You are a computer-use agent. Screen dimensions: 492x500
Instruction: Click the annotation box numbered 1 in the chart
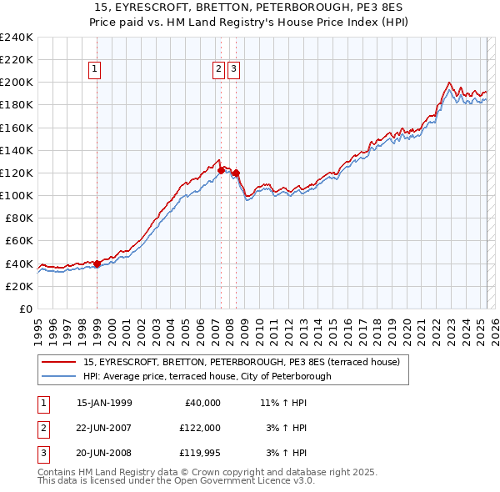(x=95, y=70)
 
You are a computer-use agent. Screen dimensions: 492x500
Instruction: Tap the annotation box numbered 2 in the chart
(x=218, y=70)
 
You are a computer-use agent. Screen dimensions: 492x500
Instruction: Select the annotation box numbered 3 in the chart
(x=233, y=70)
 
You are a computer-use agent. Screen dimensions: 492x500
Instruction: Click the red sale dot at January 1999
(x=97, y=264)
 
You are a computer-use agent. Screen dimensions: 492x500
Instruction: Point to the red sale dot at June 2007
(x=221, y=170)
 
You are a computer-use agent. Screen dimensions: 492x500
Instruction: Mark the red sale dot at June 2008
(x=236, y=173)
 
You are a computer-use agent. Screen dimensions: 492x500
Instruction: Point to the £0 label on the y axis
(x=27, y=309)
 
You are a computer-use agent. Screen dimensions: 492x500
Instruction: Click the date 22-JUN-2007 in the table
(x=104, y=428)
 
